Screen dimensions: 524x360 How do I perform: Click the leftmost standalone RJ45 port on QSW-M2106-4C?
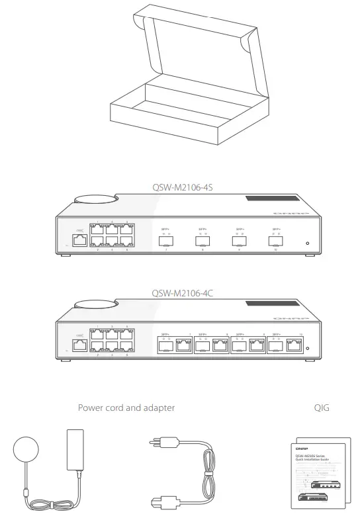79,346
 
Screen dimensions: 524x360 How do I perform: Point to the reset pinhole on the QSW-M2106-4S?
307,243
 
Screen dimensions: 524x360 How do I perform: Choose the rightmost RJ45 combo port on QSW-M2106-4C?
300,346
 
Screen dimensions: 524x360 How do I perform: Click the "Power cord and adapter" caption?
126,408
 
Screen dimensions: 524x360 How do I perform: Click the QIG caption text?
322,408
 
